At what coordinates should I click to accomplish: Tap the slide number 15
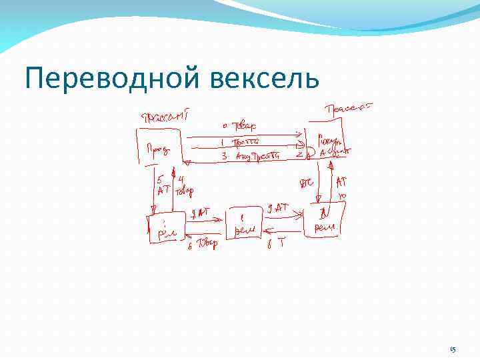[453, 349]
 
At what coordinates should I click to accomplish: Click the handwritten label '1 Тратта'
[241, 141]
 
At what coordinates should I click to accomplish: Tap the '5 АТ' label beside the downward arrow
[163, 184]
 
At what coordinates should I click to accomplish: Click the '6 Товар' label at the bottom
[203, 243]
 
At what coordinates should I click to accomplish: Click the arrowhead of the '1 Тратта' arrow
[301, 142]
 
